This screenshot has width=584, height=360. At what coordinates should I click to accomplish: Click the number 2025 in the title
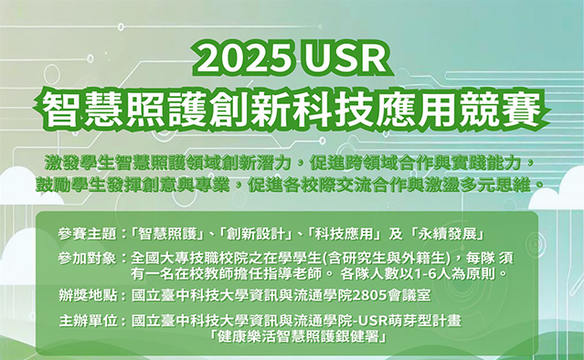click(x=246, y=61)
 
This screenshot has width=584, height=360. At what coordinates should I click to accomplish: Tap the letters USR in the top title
click(x=340, y=61)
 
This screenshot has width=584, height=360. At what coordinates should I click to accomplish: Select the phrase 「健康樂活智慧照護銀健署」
click(x=300, y=337)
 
